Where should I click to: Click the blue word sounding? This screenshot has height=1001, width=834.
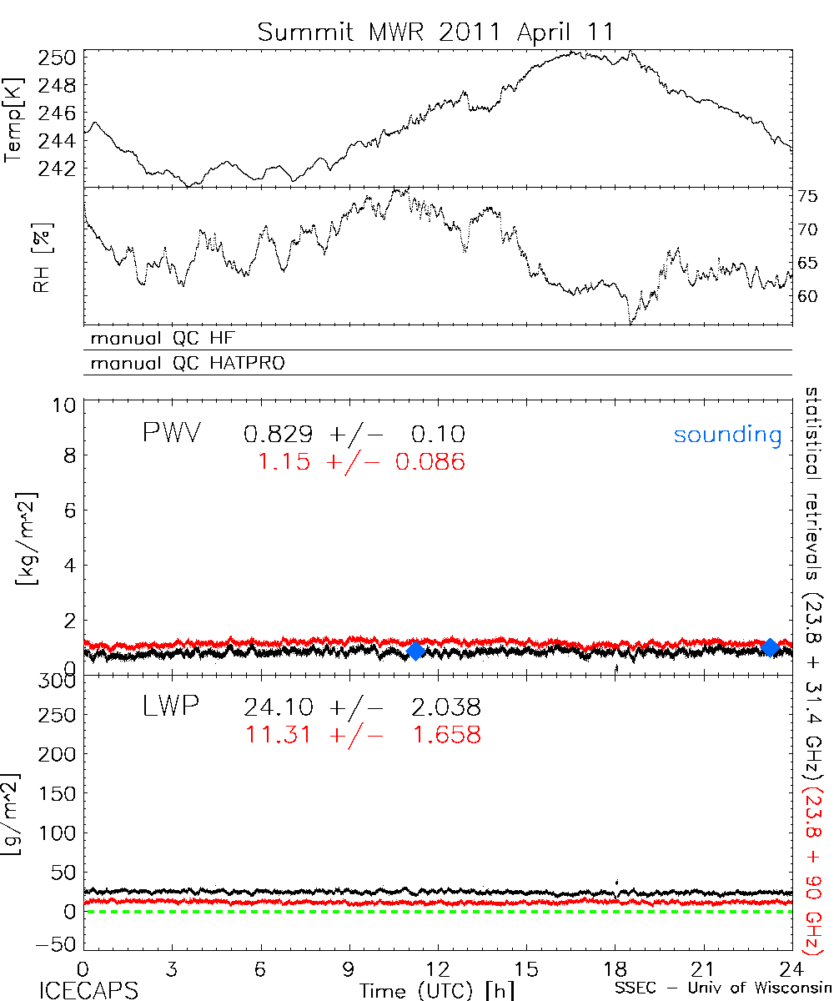728,435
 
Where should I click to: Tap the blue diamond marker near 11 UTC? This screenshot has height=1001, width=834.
415,651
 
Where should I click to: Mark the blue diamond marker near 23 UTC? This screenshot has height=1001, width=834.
771,647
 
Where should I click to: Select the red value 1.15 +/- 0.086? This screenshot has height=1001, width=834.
354,460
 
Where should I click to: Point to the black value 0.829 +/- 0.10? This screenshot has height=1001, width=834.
354,434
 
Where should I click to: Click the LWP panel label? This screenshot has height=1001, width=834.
171,707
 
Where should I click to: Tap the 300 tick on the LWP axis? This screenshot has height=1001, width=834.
59,682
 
